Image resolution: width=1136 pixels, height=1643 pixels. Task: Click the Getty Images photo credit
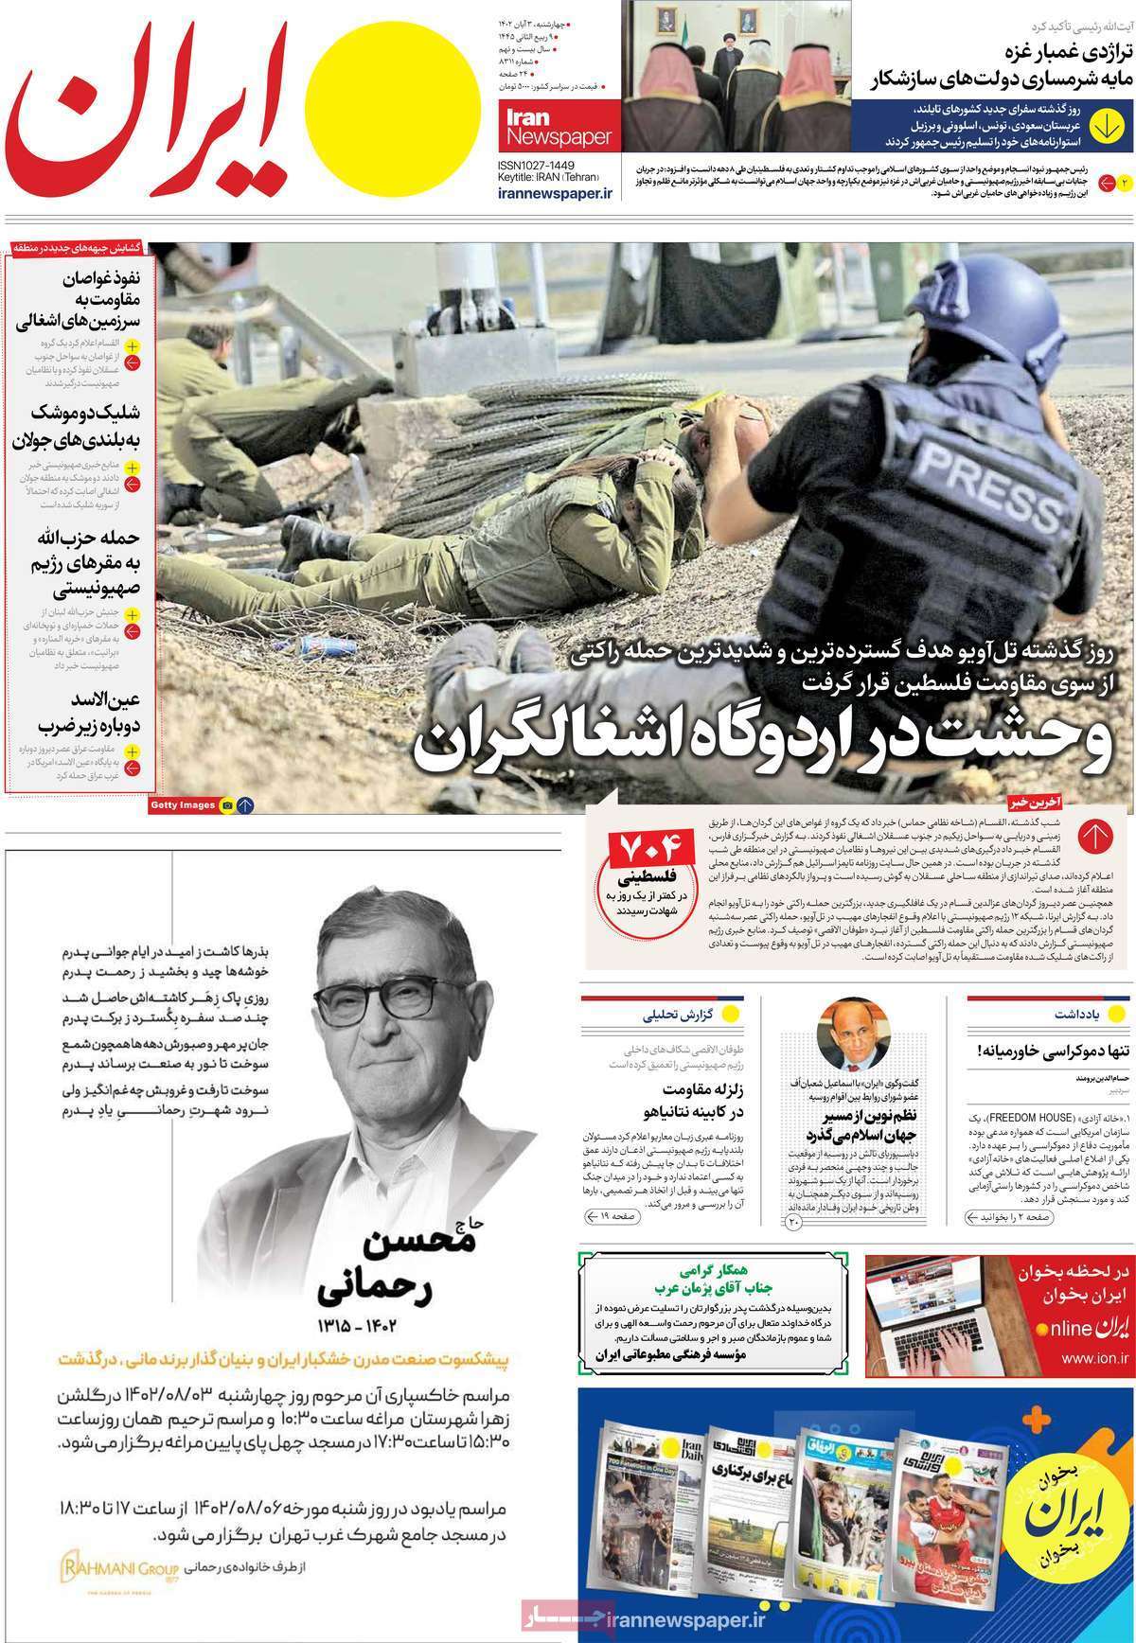(x=182, y=805)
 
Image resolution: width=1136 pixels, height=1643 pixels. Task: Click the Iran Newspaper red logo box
(x=558, y=129)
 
